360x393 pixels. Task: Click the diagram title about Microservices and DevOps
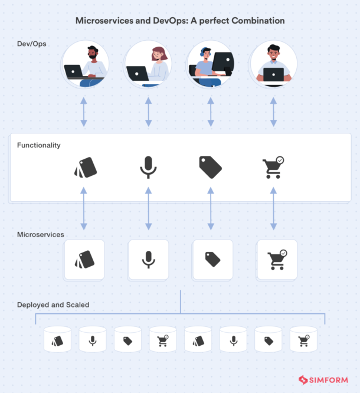pos(180,21)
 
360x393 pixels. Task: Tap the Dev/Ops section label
pos(31,44)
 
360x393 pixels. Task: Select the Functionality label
pos(39,145)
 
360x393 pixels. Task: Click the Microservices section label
pos(41,234)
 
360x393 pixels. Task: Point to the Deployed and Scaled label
pos(53,305)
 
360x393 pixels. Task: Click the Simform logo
pos(323,380)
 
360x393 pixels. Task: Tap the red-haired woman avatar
pos(148,64)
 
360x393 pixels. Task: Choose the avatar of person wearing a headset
pos(210,64)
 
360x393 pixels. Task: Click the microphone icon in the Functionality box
pos(148,168)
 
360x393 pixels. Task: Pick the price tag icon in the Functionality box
pos(210,168)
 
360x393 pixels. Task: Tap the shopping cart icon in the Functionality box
pos(273,168)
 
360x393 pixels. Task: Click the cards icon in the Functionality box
pos(85,168)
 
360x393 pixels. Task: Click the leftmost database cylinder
pos(57,340)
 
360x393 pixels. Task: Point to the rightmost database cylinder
pos(303,340)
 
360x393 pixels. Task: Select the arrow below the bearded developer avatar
pos(84,112)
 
